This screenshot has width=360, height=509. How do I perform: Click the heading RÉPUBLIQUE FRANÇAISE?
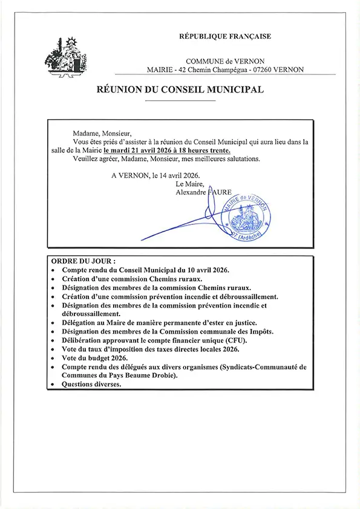click(x=224, y=37)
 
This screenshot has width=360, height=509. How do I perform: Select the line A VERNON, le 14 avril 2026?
click(x=155, y=175)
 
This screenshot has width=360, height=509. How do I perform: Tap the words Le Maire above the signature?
click(x=188, y=184)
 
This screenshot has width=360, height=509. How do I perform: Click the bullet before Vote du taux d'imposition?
click(x=54, y=350)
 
